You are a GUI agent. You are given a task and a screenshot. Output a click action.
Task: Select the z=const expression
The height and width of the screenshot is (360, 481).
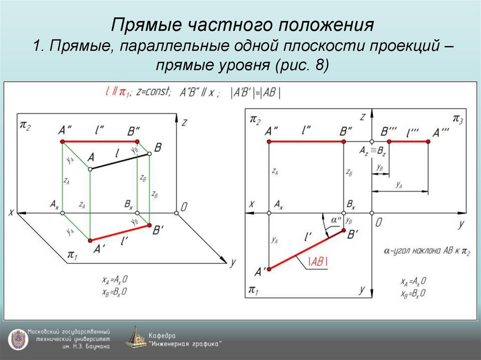pos(154,92)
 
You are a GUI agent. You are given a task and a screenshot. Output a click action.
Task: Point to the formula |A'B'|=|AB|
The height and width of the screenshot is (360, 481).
pos(256,93)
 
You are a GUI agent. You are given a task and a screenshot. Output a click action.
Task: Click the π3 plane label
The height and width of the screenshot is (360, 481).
pos(458,118)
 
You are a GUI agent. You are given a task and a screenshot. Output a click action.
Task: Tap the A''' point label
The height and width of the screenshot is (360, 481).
pos(441,131)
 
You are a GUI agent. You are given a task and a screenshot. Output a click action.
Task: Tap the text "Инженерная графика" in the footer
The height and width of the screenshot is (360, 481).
pos(186,344)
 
